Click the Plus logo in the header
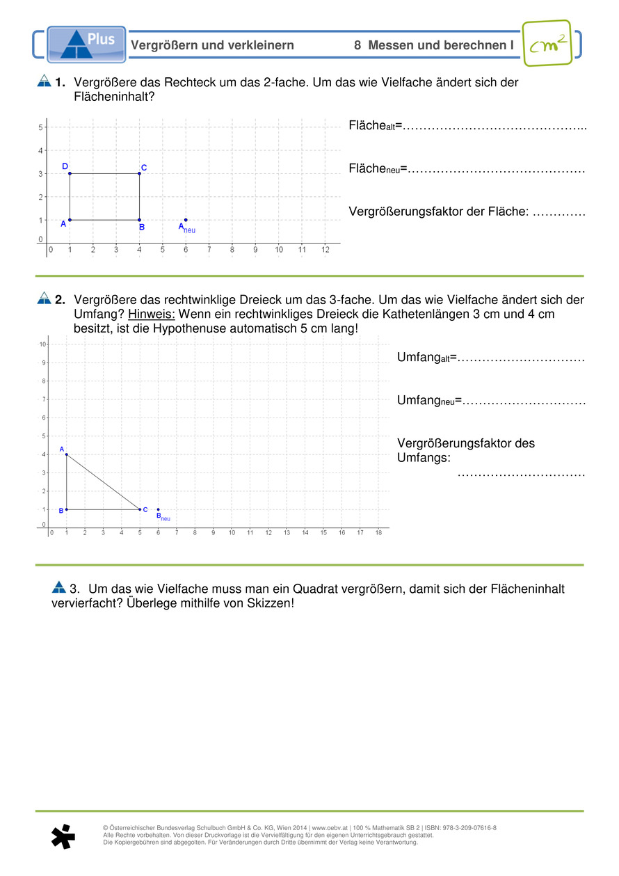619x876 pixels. (86, 44)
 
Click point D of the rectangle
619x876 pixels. (70, 173)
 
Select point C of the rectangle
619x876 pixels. (140, 173)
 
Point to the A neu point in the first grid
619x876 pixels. (186, 220)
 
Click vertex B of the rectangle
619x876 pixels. (140, 220)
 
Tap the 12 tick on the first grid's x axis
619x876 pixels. (325, 249)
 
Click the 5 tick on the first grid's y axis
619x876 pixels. (41, 127)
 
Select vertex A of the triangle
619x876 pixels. (67, 454)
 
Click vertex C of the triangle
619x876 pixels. (140, 509)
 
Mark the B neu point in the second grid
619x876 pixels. (159, 509)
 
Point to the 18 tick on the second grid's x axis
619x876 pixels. (378, 533)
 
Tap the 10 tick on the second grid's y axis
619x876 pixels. (43, 344)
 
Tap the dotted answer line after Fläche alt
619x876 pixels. (495, 127)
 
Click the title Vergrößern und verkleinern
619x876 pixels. (212, 45)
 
